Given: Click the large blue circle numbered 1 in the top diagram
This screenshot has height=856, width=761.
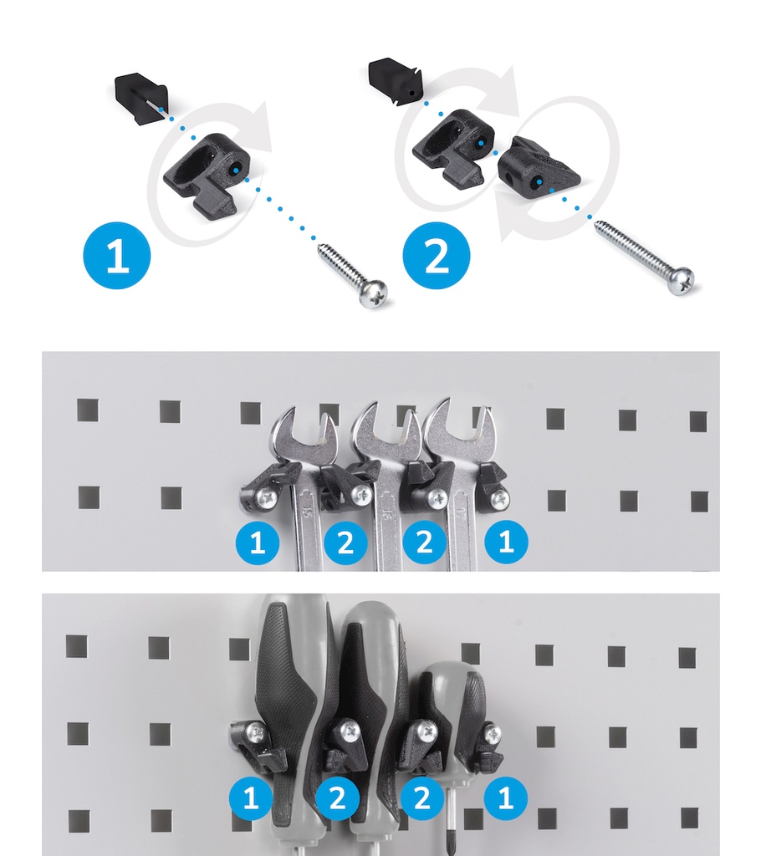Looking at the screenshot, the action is pyautogui.click(x=117, y=255).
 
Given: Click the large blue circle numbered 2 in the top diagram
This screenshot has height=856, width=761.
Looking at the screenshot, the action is pyautogui.click(x=436, y=255).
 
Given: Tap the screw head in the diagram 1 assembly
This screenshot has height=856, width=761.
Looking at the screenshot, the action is pyautogui.click(x=373, y=293).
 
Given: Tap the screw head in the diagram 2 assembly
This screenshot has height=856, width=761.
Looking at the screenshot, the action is pyautogui.click(x=685, y=281).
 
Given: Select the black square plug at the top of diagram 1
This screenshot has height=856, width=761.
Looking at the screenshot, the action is pyautogui.click(x=141, y=99).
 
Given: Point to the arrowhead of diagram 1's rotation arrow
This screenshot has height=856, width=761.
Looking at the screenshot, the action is pyautogui.click(x=259, y=127).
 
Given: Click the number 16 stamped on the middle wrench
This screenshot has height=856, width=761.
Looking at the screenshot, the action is pyautogui.click(x=387, y=513).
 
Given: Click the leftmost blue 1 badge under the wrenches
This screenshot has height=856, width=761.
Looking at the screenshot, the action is pyautogui.click(x=257, y=543).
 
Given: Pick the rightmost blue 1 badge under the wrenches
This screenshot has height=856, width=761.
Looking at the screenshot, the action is pyautogui.click(x=506, y=542).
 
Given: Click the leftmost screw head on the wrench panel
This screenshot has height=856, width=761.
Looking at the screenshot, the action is pyautogui.click(x=267, y=497).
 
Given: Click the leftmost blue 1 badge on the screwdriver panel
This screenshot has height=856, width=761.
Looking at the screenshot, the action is pyautogui.click(x=251, y=798).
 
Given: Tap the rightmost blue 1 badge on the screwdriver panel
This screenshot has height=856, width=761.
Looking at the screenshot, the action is pyautogui.click(x=506, y=797).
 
